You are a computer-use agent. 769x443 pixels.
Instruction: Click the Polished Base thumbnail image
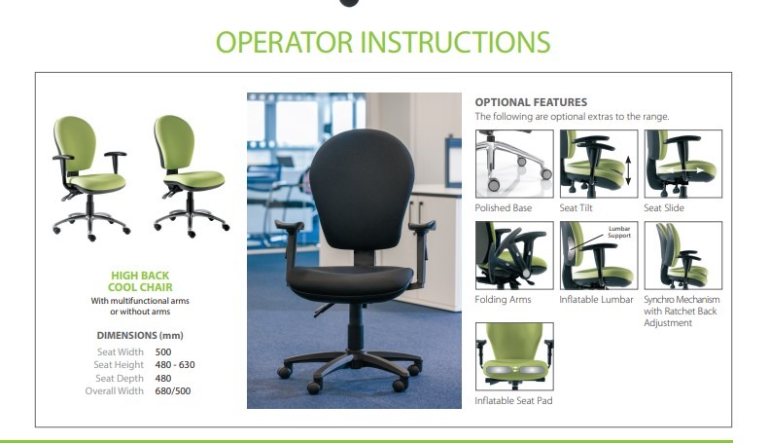514,164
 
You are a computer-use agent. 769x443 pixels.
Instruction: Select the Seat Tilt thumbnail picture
599,164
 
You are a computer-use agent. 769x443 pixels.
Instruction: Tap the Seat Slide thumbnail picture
683,164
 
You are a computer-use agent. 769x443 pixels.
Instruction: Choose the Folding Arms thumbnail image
514,255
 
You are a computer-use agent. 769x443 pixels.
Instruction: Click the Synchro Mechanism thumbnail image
683,255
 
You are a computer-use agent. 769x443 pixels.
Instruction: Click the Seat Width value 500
163,352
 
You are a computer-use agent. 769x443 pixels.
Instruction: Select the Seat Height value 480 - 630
175,365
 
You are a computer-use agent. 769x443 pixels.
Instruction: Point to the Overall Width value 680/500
173,391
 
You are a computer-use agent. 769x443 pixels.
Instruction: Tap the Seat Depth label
120,378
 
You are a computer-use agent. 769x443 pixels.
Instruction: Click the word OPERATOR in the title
285,42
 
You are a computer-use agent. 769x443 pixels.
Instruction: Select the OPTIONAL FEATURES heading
531,102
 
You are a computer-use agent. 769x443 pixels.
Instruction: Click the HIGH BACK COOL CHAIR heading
140,281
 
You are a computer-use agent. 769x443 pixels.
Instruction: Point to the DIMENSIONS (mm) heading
140,336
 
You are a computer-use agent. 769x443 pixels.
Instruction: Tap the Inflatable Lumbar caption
596,300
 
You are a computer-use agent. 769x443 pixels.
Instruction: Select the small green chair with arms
90,178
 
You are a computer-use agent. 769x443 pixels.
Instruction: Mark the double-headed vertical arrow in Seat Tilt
628,171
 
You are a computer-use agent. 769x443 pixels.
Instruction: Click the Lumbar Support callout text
619,232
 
